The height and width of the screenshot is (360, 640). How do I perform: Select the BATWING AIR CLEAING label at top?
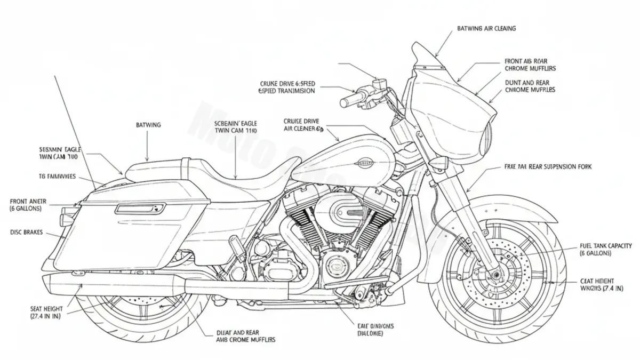point(486,28)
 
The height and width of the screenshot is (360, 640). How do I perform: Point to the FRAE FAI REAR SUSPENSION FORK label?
point(547,167)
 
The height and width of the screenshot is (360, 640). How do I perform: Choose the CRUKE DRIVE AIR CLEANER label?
point(304,125)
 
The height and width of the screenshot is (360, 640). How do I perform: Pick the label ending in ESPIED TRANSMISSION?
point(286,87)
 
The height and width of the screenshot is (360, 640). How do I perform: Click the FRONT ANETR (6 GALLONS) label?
point(28,205)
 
